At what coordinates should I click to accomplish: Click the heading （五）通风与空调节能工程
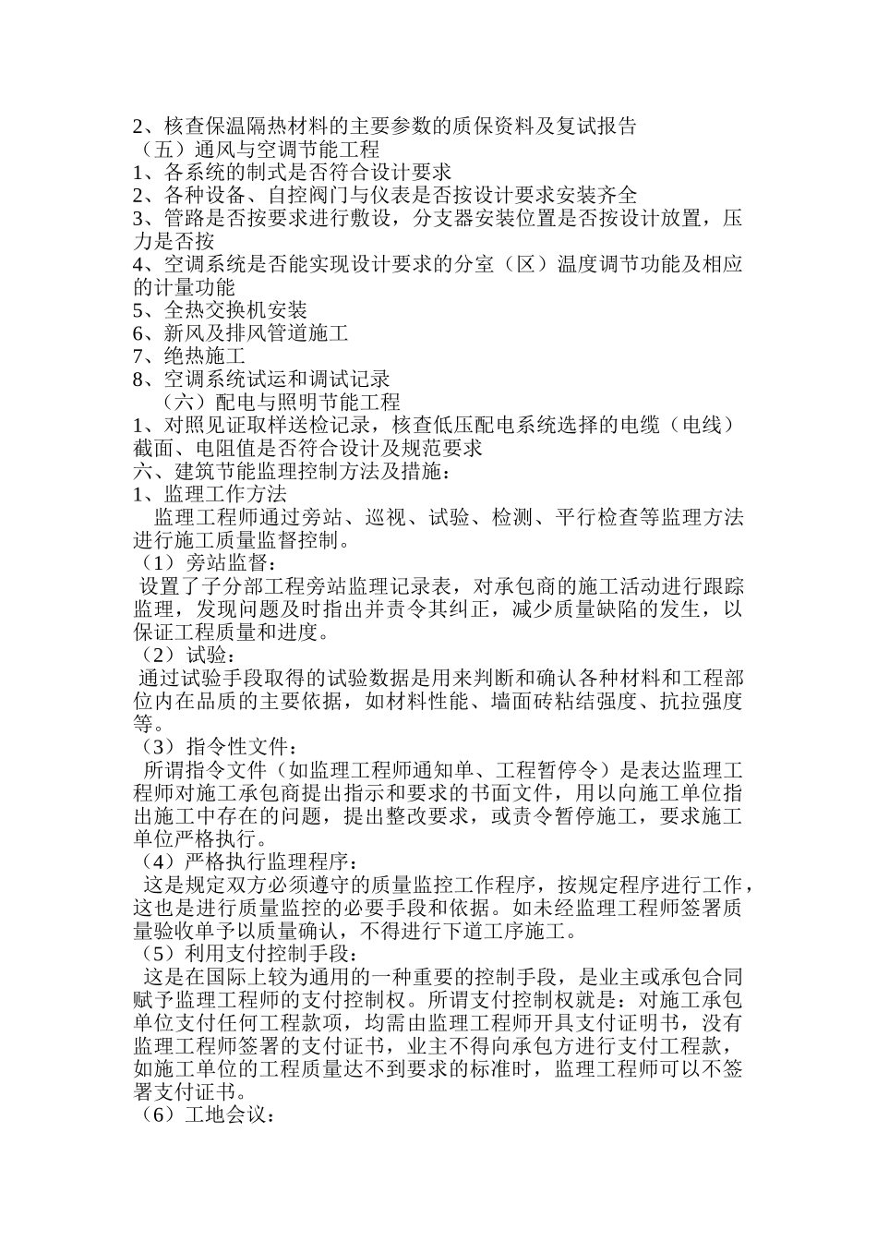256,149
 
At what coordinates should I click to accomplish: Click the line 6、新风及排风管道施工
240,332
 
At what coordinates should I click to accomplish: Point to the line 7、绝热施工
189,355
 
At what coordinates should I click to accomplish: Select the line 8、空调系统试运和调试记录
261,379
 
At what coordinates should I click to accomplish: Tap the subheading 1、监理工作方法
210,494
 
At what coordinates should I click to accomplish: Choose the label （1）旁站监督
208,563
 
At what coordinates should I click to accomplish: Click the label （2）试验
182,656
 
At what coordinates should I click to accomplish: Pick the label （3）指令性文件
218,746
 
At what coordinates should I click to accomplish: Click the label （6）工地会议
203,1115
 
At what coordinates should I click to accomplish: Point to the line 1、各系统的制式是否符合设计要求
292,172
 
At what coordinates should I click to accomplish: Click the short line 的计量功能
184,287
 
